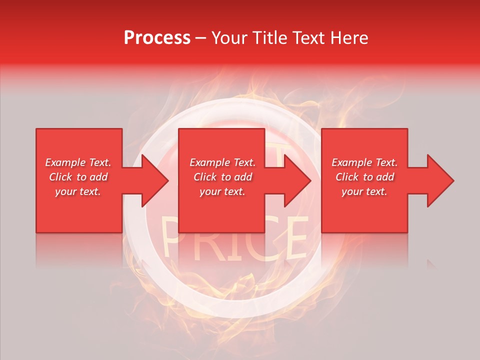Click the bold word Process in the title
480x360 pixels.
[x=157, y=38]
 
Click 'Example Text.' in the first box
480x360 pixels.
[x=78, y=162]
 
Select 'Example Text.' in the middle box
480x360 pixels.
[x=222, y=162]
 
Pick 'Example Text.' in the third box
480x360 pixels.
[x=364, y=162]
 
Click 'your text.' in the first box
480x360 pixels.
[x=78, y=191]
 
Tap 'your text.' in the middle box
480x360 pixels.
[x=222, y=191]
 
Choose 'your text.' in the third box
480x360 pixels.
[x=364, y=191]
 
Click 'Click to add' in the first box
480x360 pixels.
[x=78, y=177]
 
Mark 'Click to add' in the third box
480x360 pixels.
[x=364, y=177]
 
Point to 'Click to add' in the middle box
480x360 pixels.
[x=222, y=177]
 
